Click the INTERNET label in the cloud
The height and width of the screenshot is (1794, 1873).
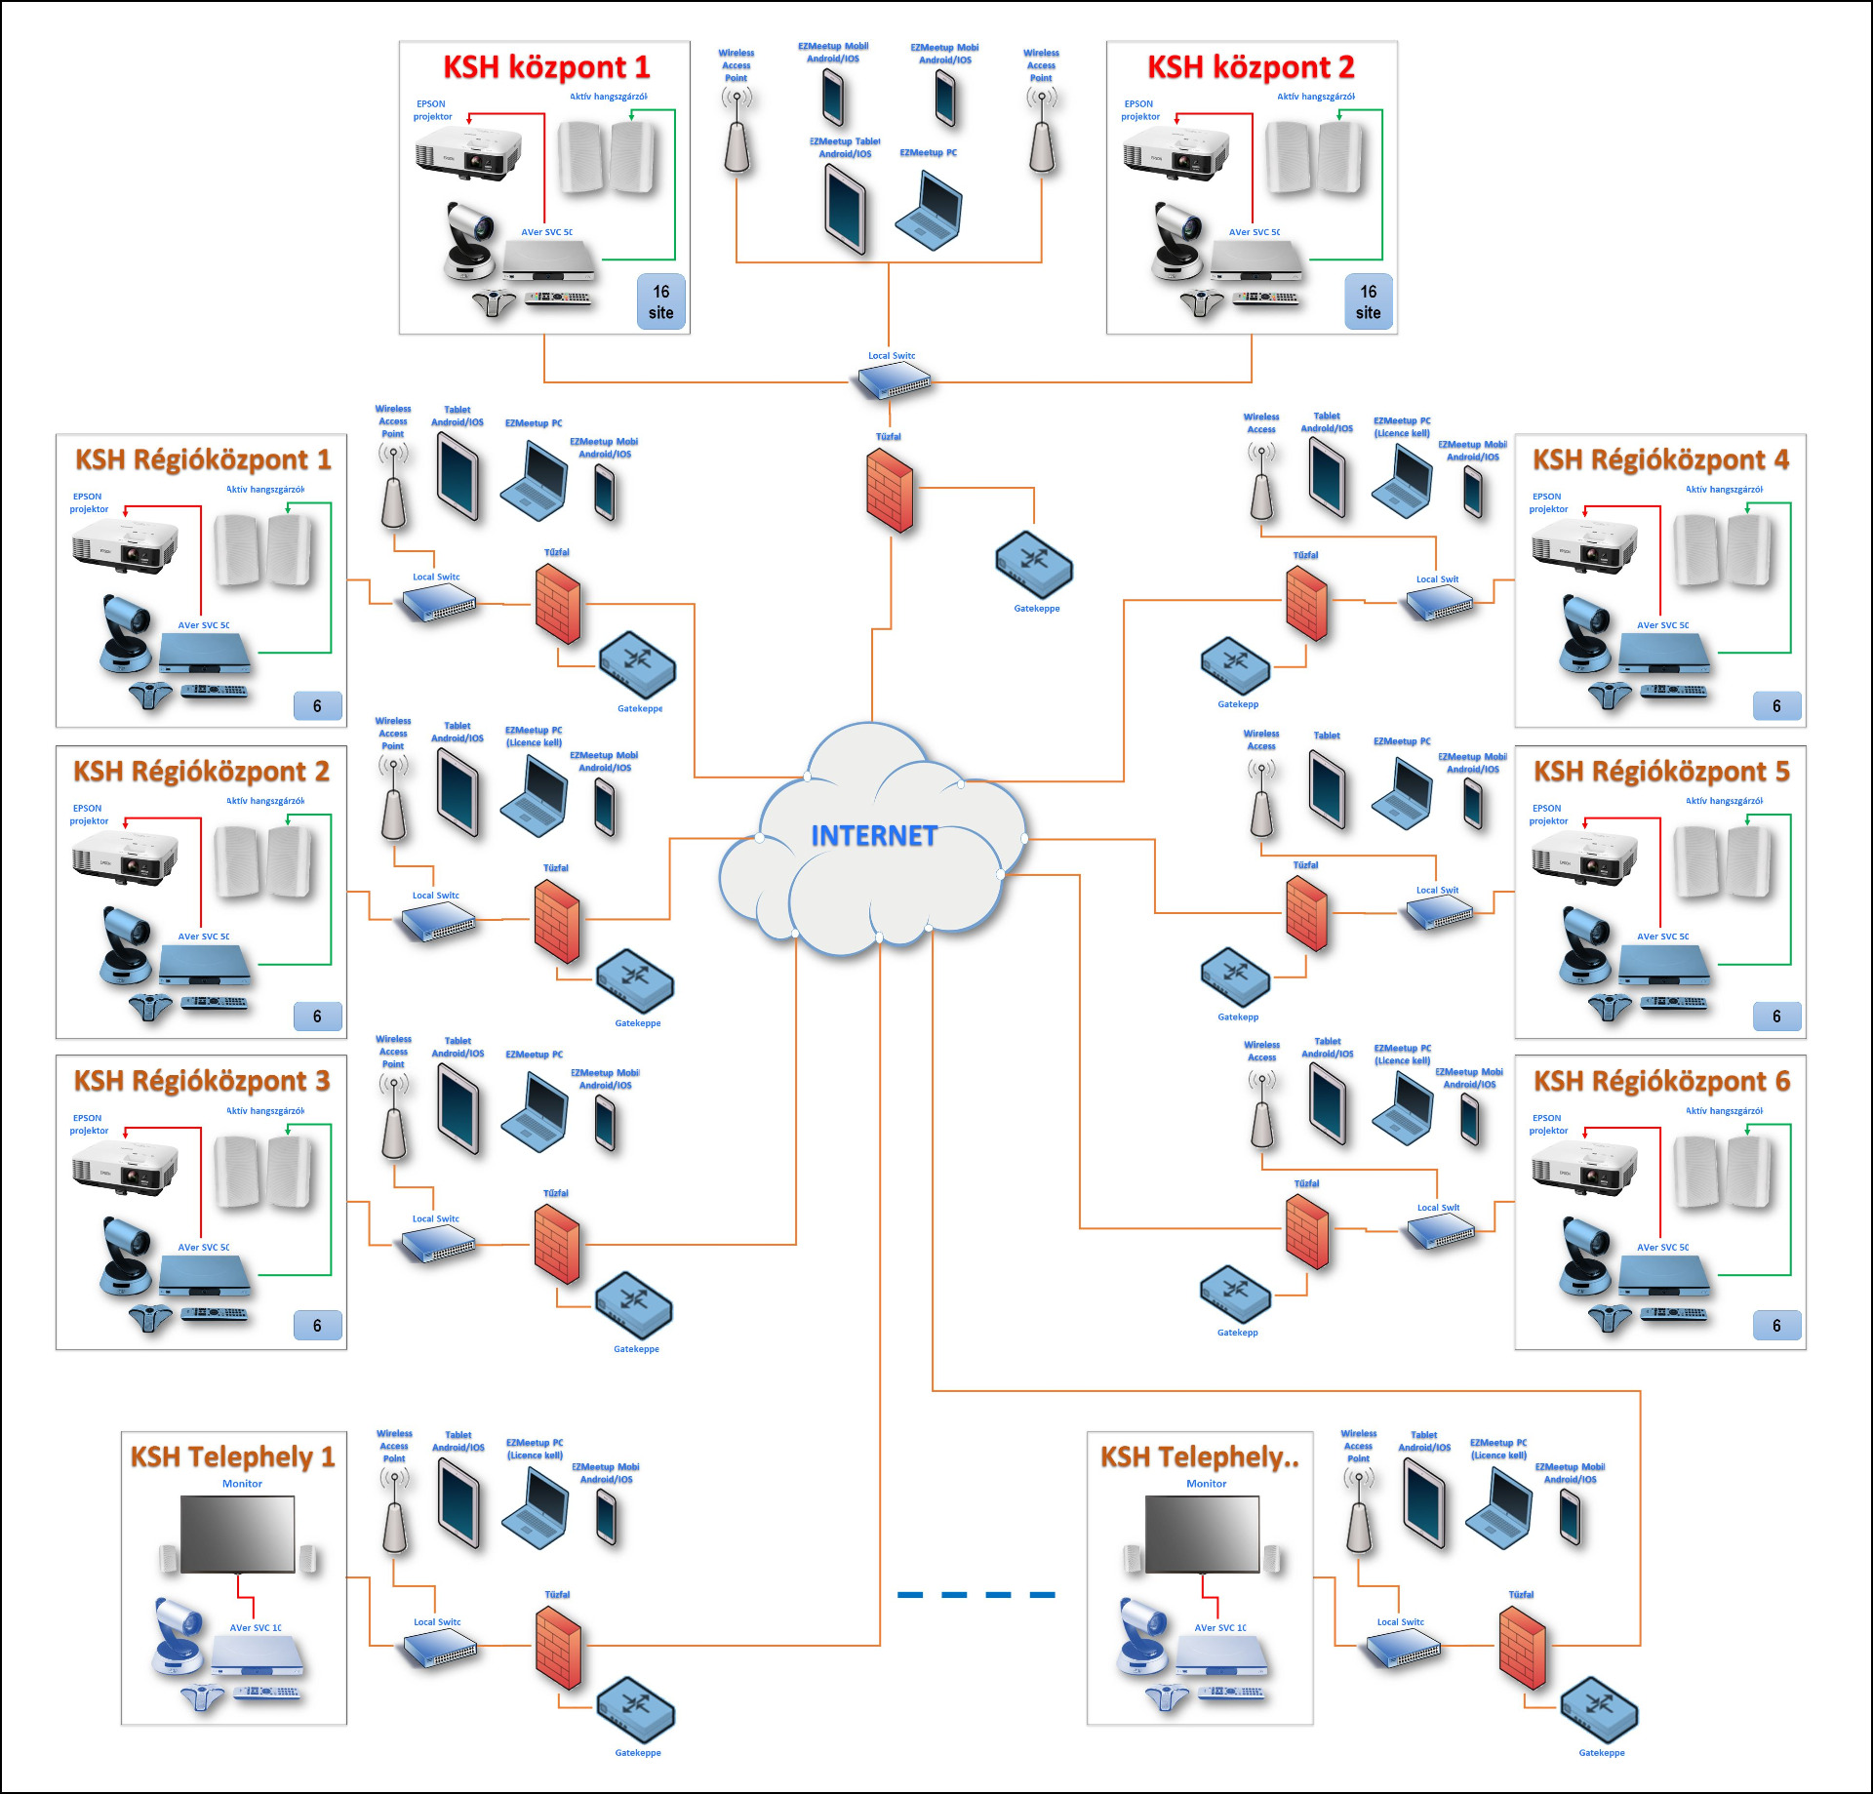click(x=874, y=836)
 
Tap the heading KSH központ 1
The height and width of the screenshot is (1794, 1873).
click(x=546, y=67)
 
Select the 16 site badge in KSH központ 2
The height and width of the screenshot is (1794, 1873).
click(x=1368, y=302)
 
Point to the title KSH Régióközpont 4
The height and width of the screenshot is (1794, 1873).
click(x=1660, y=459)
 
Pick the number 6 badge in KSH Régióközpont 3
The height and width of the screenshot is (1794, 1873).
click(x=317, y=1326)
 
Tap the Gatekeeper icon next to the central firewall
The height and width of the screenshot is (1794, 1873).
click(x=1034, y=565)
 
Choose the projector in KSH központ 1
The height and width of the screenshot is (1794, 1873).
click(x=467, y=154)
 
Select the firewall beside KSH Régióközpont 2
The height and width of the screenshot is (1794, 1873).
click(x=557, y=922)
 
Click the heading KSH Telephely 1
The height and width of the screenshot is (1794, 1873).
click(x=232, y=1457)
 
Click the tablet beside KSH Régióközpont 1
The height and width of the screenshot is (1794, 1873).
click(x=458, y=475)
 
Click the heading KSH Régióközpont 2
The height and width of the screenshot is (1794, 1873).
click(x=201, y=772)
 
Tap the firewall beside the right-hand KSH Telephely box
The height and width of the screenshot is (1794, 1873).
click(x=1522, y=1649)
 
